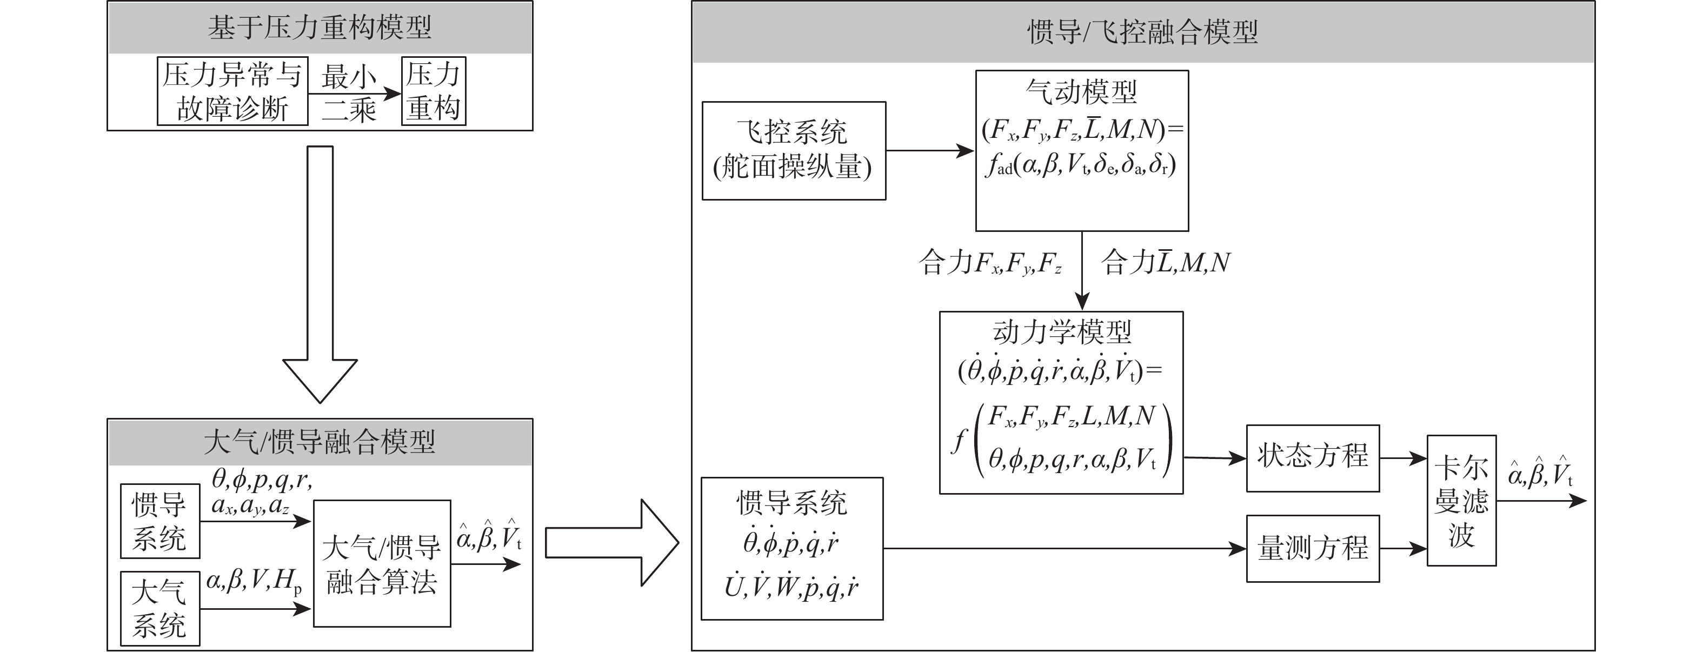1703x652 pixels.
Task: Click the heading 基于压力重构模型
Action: (320, 28)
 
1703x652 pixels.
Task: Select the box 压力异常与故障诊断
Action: (232, 91)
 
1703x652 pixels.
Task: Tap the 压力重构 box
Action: (433, 91)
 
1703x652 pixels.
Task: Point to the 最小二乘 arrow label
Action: (348, 92)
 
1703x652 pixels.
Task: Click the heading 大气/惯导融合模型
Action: (320, 442)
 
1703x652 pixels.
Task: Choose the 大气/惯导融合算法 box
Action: (382, 563)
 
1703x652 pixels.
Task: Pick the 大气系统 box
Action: (159, 608)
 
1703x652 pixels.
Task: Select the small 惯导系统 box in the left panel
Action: (159, 521)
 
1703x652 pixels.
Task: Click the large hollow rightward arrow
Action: (611, 543)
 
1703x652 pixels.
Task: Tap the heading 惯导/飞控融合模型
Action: (1142, 32)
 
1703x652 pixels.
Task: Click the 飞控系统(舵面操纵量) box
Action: (793, 151)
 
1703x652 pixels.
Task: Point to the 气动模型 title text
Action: (1082, 91)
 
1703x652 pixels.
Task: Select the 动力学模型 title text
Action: (1062, 332)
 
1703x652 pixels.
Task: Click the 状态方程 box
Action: (1312, 457)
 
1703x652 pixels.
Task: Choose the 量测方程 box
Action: (1312, 548)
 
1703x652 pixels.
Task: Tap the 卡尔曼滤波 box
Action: (1461, 500)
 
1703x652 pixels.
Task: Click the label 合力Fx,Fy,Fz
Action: (990, 263)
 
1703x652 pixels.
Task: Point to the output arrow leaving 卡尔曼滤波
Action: (1540, 501)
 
